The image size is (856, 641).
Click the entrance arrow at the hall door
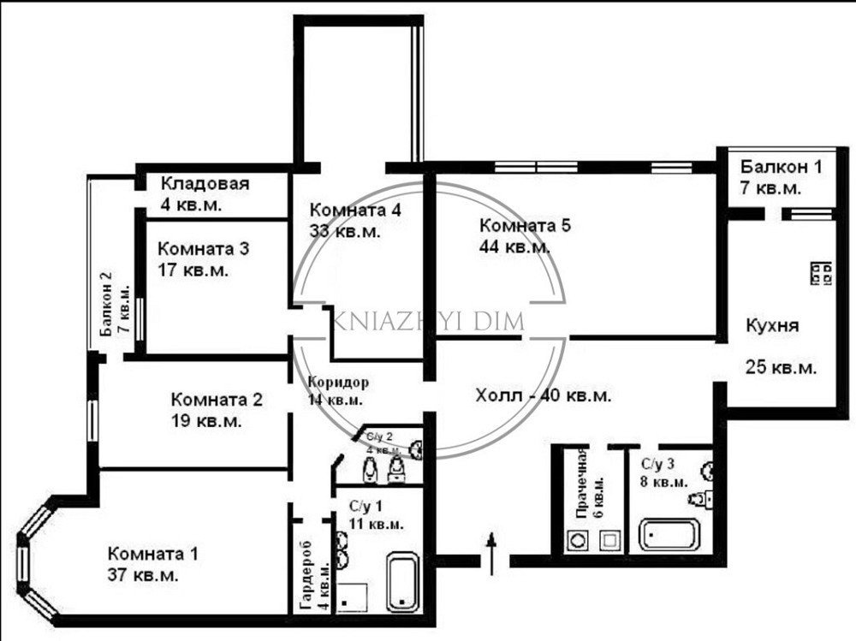[492, 554]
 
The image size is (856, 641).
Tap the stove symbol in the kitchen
[821, 273]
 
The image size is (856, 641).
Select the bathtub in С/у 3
[669, 535]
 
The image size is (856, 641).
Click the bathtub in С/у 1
[403, 583]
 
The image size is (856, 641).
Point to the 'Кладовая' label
[205, 183]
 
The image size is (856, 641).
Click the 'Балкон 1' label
[781, 167]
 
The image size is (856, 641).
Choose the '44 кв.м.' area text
[514, 247]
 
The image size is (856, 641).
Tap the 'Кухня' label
[772, 325]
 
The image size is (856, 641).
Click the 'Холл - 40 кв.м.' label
[544, 395]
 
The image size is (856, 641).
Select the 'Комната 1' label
[153, 554]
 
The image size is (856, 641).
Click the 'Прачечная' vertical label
[582, 484]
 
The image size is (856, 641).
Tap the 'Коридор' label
[338, 382]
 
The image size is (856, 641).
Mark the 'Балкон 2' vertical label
[106, 305]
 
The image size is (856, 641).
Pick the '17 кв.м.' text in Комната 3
[193, 270]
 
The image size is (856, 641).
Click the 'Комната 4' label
[355, 210]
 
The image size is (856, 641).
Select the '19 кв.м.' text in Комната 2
[206, 422]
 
